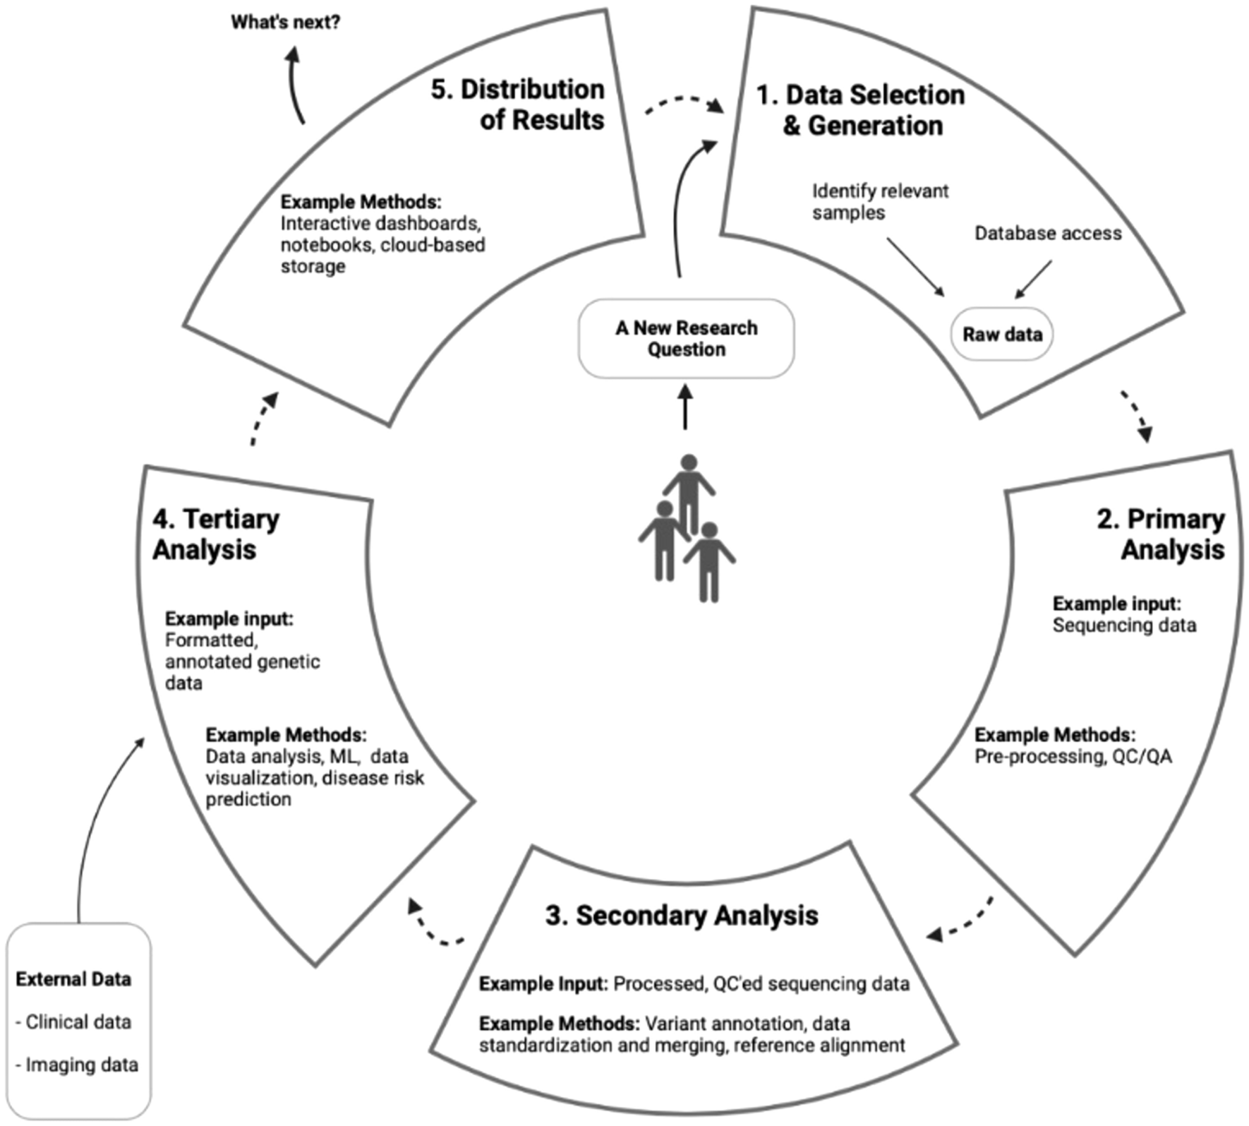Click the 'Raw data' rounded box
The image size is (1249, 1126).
1001,334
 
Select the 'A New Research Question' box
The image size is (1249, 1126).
686,338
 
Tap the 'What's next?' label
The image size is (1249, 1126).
285,23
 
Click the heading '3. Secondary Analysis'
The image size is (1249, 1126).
682,915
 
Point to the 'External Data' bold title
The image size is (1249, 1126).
73,979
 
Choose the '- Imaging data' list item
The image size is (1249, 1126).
77,1065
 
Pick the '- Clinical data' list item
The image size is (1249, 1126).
73,1022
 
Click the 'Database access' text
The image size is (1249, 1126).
1047,234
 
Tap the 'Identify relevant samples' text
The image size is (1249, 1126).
880,202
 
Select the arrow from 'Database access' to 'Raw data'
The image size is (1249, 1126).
1033,280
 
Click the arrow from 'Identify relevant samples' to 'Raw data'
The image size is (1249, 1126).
915,267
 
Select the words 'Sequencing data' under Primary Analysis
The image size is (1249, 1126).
1124,625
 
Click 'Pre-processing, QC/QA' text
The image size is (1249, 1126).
1073,757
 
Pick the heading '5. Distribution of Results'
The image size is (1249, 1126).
518,104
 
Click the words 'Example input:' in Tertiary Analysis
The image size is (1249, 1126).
229,618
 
